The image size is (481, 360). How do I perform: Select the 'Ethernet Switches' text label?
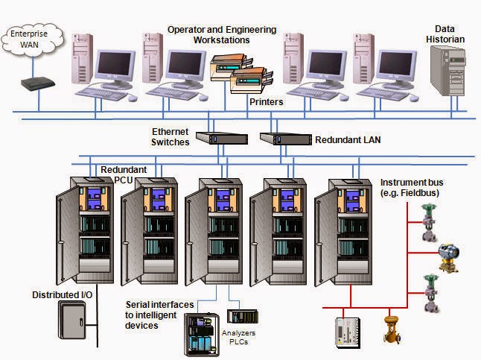pyautogui.click(x=171, y=136)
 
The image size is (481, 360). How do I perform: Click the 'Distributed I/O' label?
pyautogui.click(x=63, y=295)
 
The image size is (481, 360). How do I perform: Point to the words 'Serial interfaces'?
pyautogui.click(x=160, y=305)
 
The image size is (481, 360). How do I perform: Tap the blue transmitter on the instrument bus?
pyautogui.click(x=449, y=254)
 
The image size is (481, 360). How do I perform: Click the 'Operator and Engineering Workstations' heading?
pyautogui.click(x=221, y=34)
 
